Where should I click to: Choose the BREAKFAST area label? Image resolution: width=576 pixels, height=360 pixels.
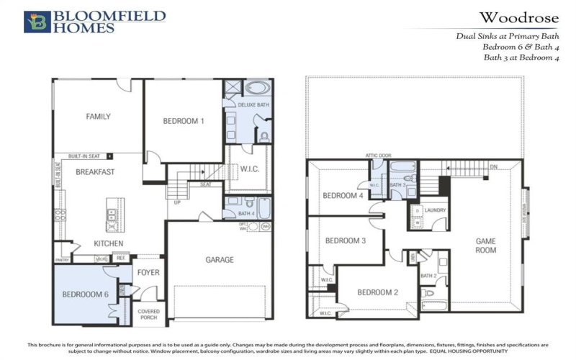tap(95, 172)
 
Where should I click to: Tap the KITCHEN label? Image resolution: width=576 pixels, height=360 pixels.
tap(108, 243)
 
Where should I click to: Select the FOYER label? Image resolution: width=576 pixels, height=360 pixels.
tap(148, 272)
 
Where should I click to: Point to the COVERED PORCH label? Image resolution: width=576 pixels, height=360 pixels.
tap(149, 314)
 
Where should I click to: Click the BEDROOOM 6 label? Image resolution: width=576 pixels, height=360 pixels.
tap(85, 294)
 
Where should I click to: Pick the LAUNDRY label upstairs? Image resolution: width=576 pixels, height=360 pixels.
tap(435, 210)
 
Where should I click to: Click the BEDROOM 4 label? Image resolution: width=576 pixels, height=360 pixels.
tap(342, 196)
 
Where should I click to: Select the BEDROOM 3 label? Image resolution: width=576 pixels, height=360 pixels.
tap(345, 240)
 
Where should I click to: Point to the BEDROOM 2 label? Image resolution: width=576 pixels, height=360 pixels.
tap(378, 292)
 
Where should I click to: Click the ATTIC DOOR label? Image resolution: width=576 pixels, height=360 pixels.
tap(378, 155)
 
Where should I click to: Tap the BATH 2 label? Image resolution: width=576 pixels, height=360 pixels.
tap(428, 276)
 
